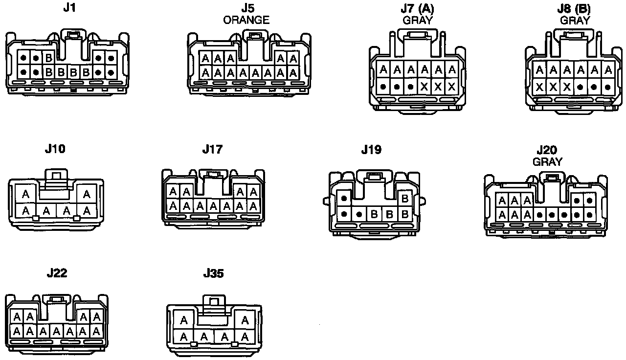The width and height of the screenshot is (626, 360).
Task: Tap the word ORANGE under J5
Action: tap(246, 20)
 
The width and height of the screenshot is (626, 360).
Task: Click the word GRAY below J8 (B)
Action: tap(575, 20)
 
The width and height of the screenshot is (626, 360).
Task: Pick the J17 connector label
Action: tap(212, 149)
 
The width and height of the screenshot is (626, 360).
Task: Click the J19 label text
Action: tap(371, 149)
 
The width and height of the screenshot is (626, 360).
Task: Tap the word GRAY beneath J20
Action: tap(547, 161)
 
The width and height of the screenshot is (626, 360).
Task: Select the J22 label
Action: tap(57, 273)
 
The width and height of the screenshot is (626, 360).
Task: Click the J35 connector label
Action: tap(213, 273)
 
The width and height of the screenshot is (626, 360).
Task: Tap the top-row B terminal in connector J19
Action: tap(404, 199)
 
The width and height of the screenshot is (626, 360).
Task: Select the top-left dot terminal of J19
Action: tap(344, 199)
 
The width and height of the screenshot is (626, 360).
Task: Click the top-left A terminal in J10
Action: tap(26, 195)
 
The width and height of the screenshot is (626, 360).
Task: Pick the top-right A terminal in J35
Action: tap(245, 321)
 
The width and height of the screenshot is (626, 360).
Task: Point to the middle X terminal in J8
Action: tap(553, 87)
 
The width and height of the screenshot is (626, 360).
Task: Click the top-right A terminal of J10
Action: tap(87, 195)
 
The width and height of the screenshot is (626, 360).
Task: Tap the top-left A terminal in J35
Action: tap(184, 321)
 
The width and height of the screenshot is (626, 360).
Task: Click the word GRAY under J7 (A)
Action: tap(418, 20)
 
